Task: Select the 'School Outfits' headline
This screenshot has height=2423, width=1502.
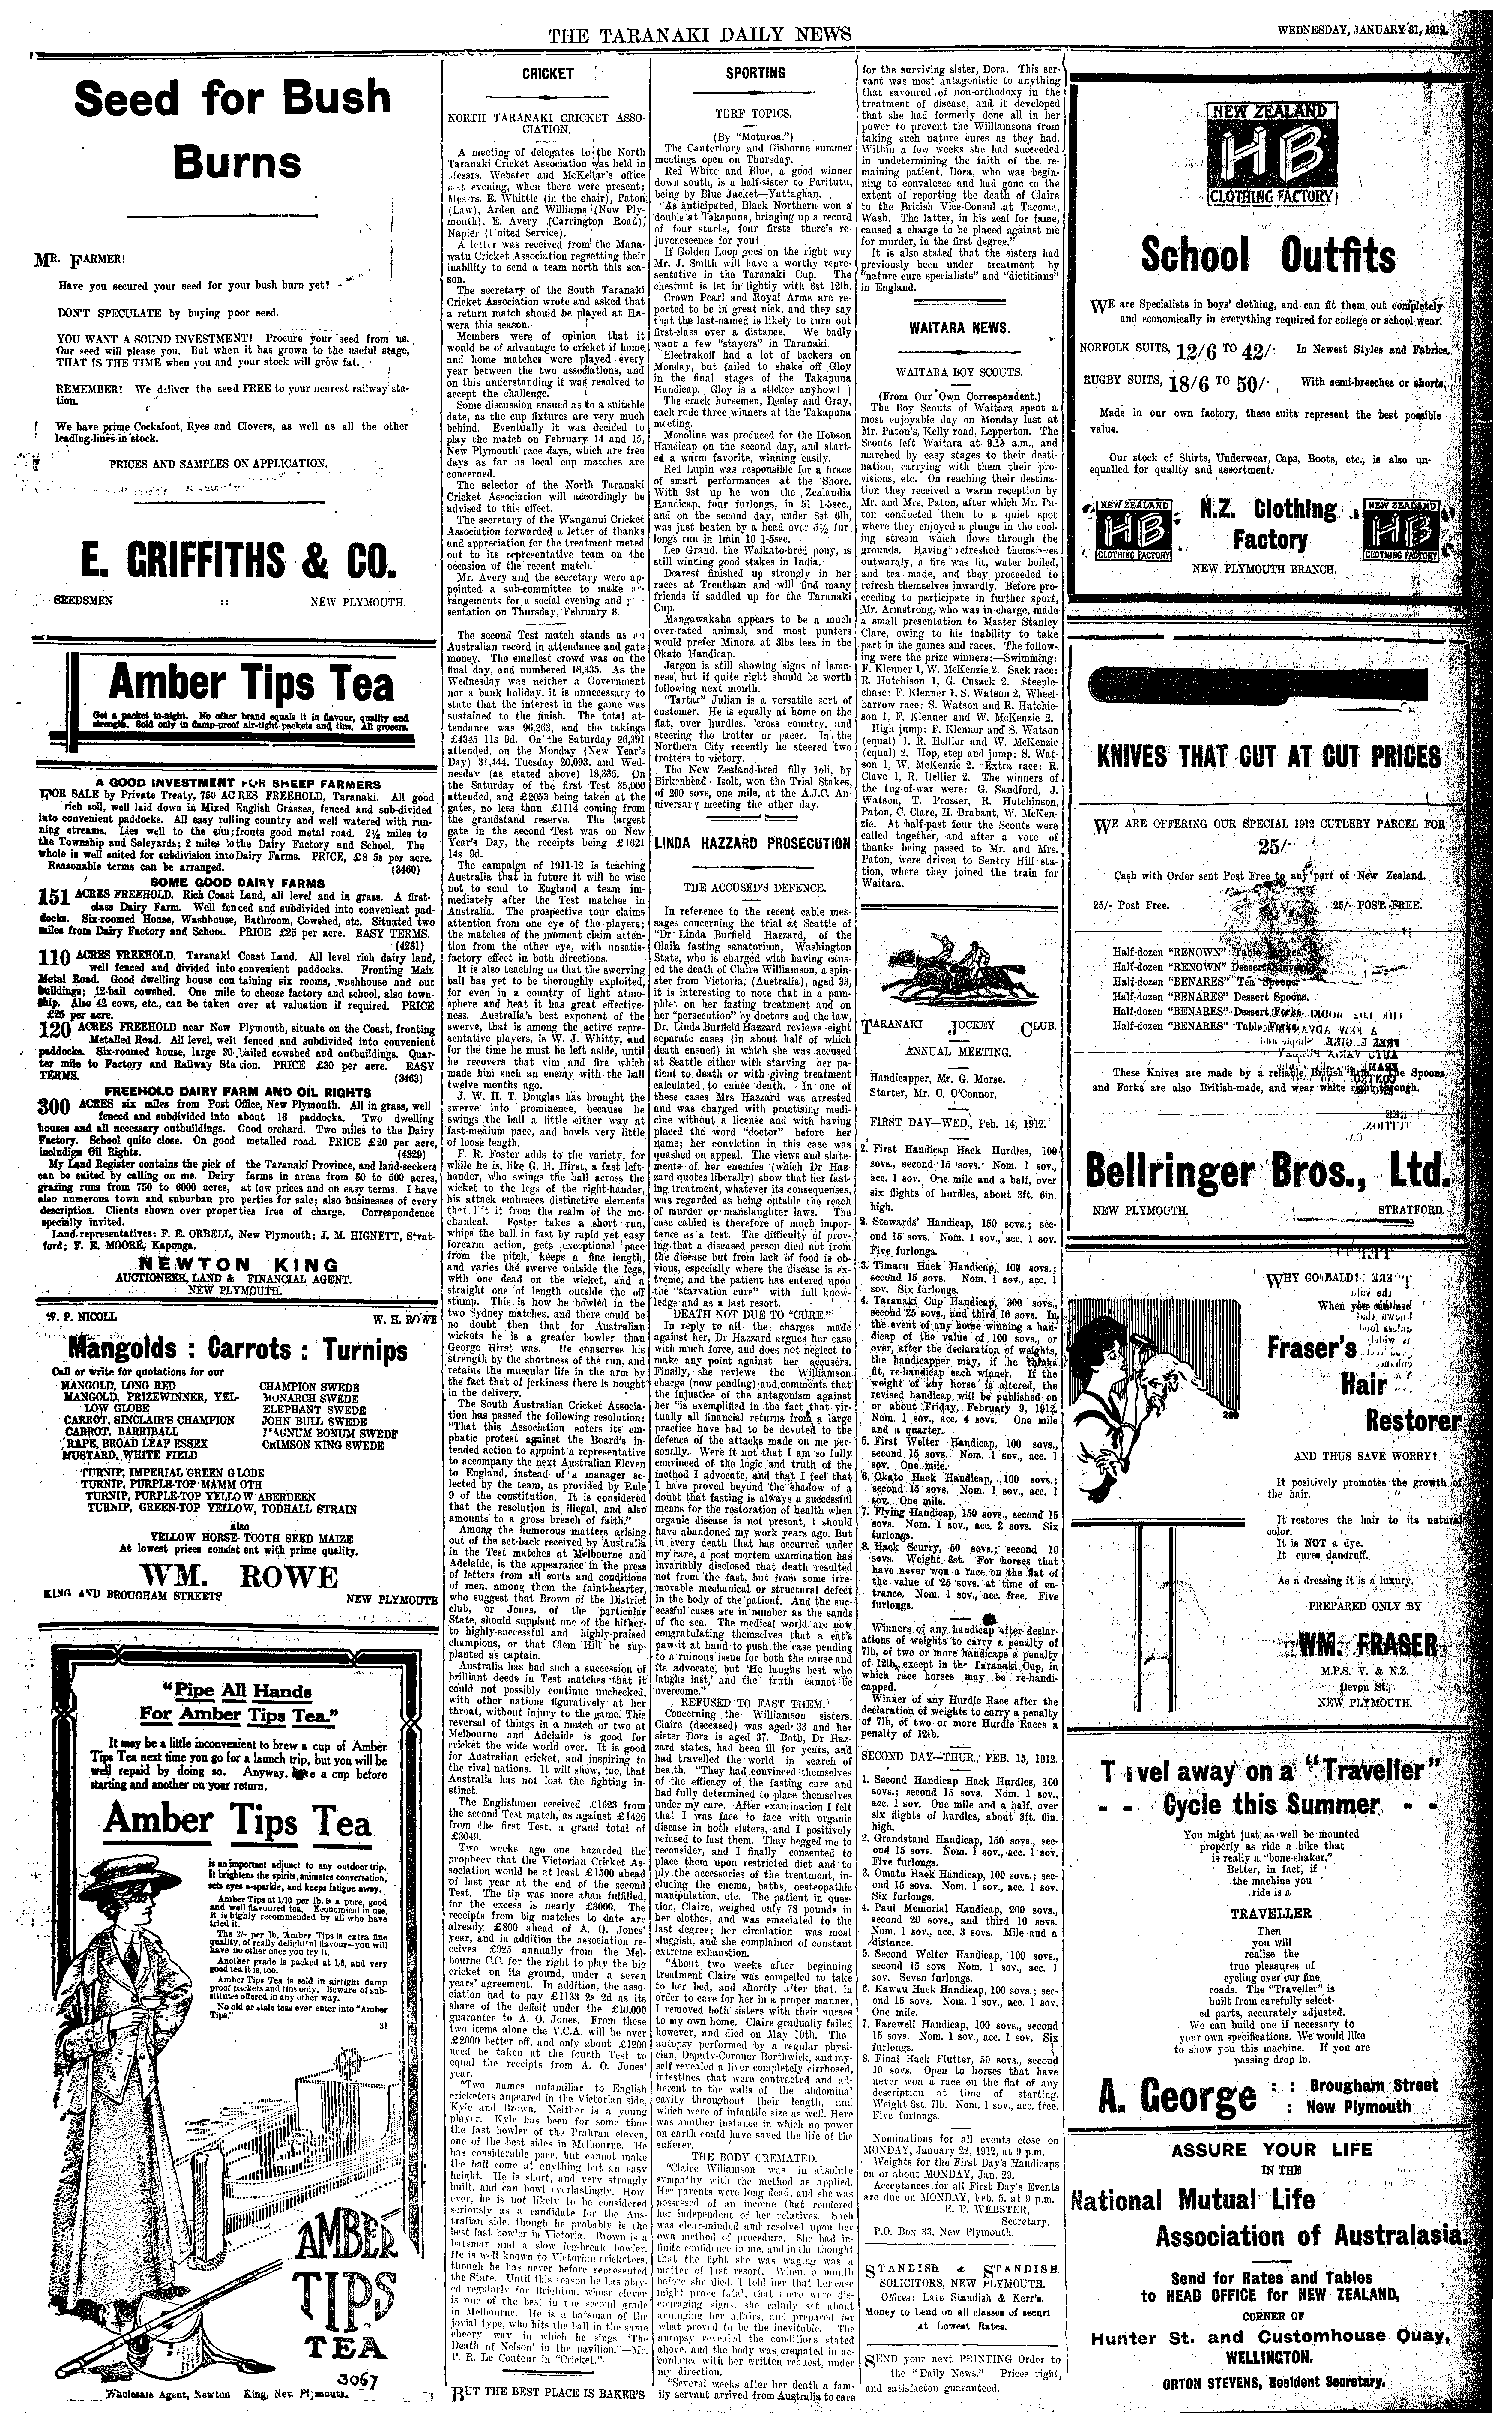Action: [x=1267, y=256]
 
